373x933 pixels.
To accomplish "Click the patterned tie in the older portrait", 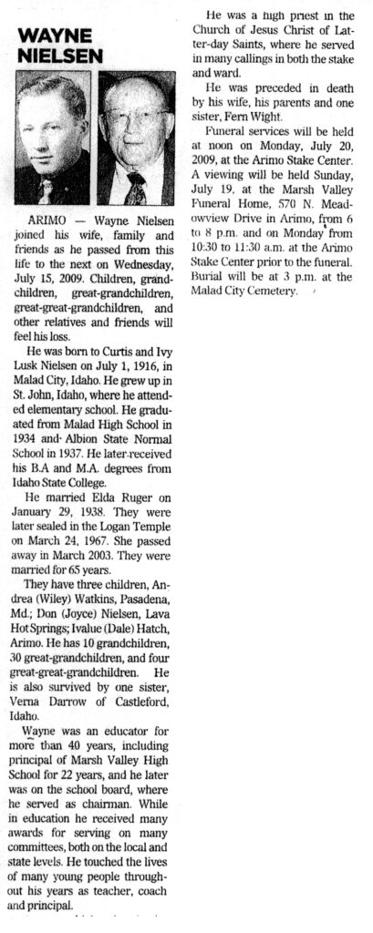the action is point(137,190).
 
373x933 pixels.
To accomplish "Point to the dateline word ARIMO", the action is point(47,221).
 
